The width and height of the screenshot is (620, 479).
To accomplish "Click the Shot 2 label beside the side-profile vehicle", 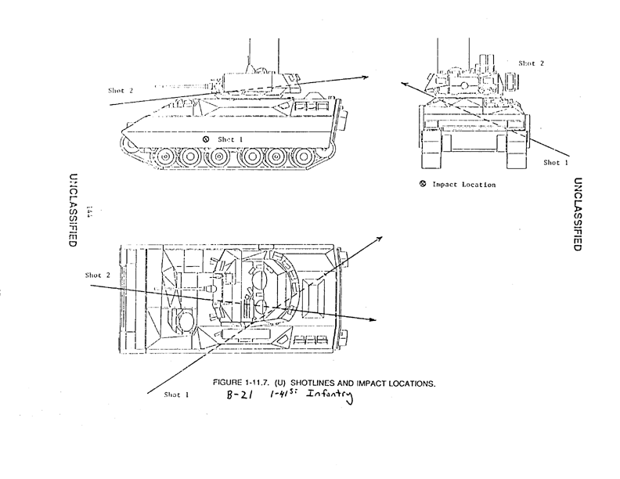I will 121,91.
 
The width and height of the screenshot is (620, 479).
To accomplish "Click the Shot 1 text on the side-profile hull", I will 226,139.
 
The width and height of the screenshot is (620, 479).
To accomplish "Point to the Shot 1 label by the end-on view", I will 557,163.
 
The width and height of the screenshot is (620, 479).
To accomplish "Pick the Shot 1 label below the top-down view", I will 178,394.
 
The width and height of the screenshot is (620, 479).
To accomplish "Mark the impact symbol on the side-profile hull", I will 205,139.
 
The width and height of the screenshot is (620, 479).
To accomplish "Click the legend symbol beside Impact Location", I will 422,185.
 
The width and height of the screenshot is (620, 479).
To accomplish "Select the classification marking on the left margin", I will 73,210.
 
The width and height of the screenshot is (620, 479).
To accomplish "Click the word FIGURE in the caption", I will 229,383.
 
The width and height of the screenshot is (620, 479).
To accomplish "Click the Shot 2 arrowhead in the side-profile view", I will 365,77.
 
